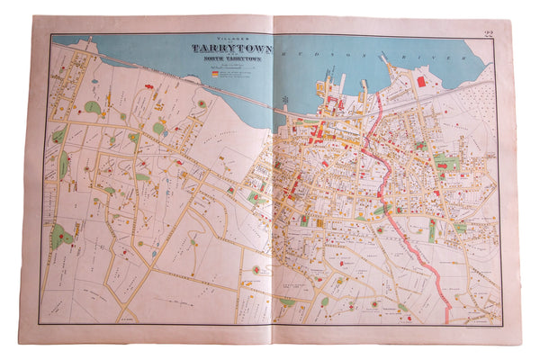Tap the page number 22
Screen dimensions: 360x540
coord(489,33)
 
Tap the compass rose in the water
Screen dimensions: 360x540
coord(286,97)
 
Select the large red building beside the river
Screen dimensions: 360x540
coord(420,81)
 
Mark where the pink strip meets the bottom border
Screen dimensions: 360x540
coord(448,322)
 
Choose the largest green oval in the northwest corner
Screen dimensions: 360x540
coord(93,107)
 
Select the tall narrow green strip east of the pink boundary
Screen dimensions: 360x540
coord(432,230)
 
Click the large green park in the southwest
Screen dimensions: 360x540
coord(61,238)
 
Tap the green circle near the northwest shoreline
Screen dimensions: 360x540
coord(158,128)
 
